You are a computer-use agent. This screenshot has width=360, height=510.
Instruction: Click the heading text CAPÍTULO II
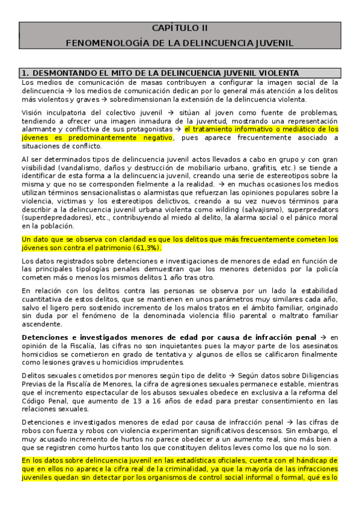180,28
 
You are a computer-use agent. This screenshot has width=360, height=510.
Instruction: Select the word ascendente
41,324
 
